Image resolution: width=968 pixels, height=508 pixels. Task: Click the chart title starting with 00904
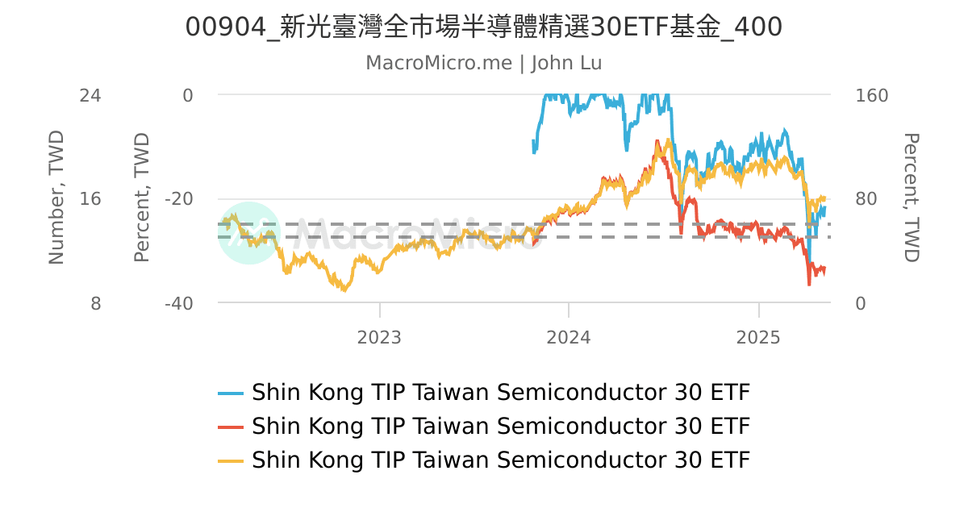[484, 27]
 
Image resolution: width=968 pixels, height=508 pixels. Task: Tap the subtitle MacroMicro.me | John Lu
[484, 63]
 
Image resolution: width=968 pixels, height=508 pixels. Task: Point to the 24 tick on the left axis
[90, 95]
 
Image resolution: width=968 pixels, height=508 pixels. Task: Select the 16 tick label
[90, 199]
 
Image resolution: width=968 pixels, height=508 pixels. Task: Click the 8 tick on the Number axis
[94, 303]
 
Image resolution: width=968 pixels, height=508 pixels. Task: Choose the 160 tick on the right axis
[871, 95]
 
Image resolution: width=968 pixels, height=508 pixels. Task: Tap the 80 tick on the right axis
[866, 199]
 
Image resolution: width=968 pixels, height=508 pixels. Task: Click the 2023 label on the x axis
[379, 337]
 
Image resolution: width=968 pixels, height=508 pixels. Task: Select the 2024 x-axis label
[569, 337]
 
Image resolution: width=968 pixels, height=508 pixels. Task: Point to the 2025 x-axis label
[759, 337]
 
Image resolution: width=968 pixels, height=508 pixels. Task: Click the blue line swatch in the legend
[231, 393]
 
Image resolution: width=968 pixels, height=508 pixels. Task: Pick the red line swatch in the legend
[231, 427]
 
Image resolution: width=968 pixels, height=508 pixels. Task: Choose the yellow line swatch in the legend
[231, 460]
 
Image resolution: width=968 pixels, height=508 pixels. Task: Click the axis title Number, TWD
[56, 198]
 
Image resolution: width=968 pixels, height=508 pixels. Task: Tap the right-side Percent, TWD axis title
[911, 198]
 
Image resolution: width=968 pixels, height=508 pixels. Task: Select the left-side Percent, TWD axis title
[142, 198]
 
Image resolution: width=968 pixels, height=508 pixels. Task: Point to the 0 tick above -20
[188, 95]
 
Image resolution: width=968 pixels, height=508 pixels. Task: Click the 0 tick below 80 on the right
[860, 303]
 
